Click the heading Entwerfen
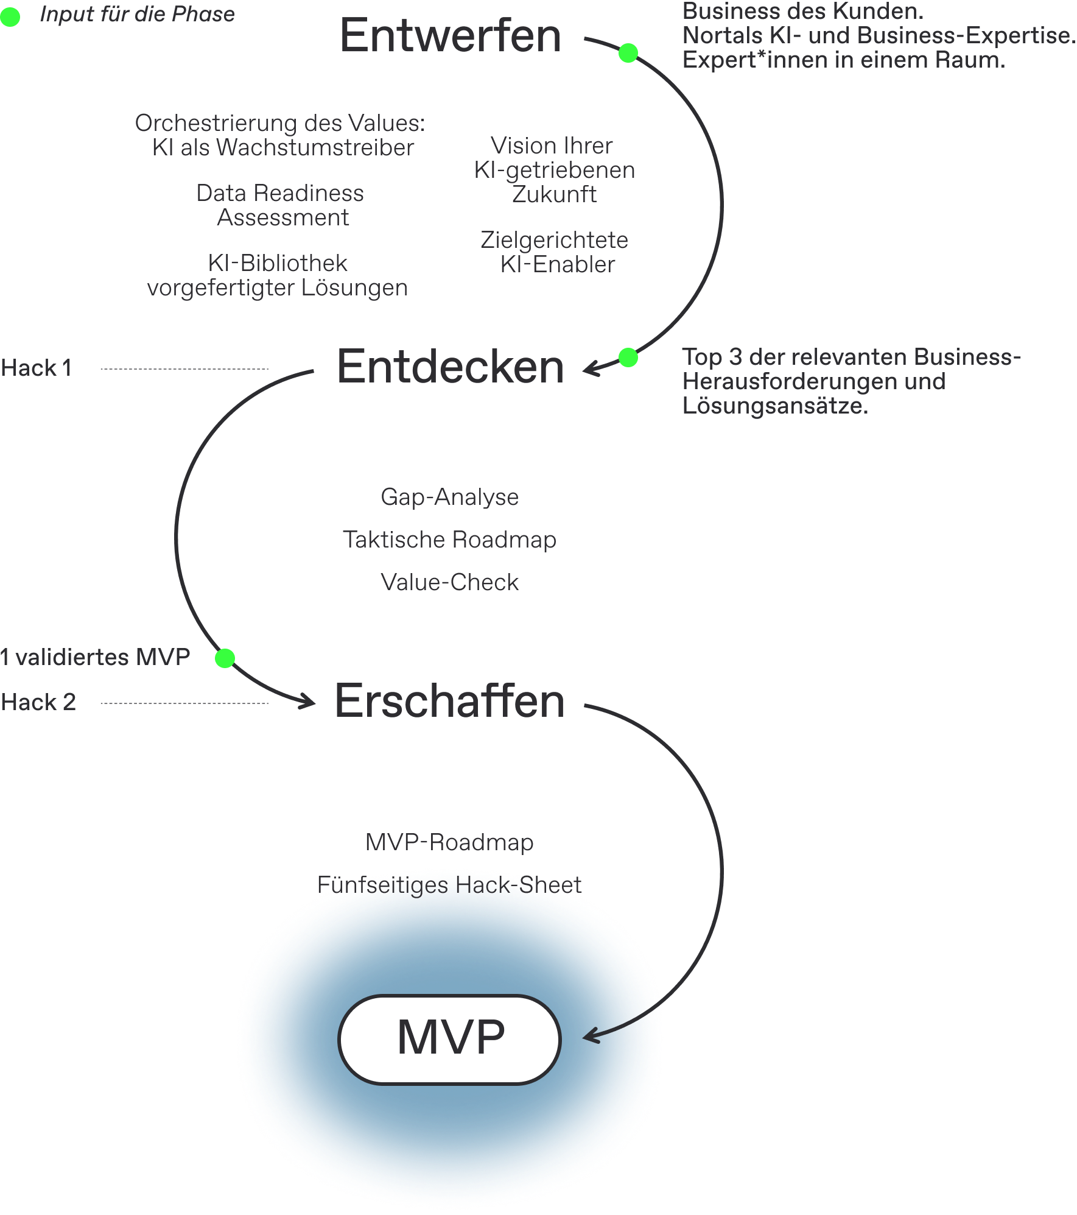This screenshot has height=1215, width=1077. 450,35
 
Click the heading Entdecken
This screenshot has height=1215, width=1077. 450,367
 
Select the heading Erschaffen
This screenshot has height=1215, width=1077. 449,701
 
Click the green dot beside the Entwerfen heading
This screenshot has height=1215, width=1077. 628,53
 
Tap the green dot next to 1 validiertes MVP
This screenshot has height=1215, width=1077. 225,658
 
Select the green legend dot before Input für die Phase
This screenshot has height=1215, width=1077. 10,16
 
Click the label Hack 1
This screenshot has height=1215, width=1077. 37,368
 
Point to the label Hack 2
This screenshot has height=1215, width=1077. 38,702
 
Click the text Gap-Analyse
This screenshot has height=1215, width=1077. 449,497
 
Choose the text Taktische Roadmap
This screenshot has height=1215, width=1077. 449,540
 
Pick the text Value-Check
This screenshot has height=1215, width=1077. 449,582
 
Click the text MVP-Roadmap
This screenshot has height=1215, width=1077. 449,842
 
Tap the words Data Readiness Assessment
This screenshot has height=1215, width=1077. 281,205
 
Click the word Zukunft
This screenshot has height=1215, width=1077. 554,194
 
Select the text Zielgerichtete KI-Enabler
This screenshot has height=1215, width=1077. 554,252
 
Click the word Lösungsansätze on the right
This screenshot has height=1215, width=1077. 775,406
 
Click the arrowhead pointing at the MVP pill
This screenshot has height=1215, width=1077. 589,1036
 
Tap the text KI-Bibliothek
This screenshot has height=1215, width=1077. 278,263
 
